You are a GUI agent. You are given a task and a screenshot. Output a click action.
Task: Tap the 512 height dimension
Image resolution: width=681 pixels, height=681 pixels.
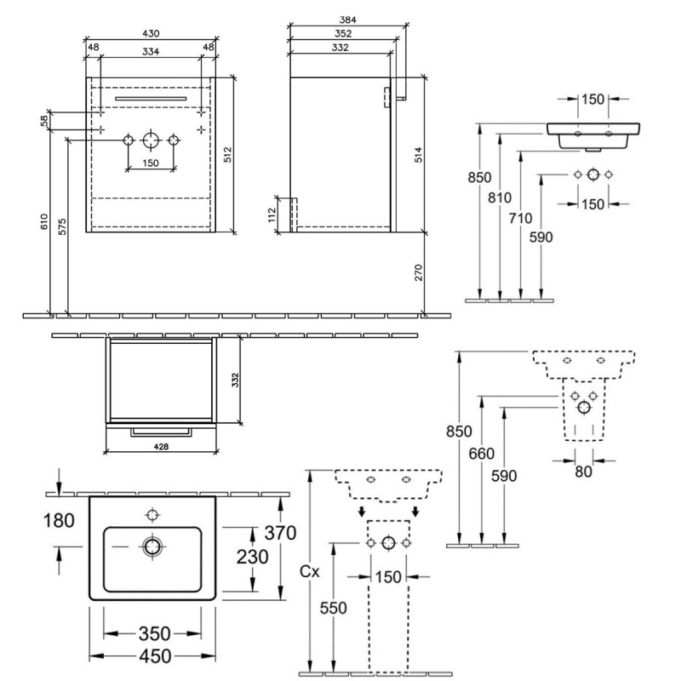(227, 154)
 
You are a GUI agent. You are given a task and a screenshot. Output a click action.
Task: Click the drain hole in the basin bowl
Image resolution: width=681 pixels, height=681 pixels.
(153, 546)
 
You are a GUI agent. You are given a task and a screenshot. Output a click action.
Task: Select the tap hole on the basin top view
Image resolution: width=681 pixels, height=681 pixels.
(153, 514)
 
